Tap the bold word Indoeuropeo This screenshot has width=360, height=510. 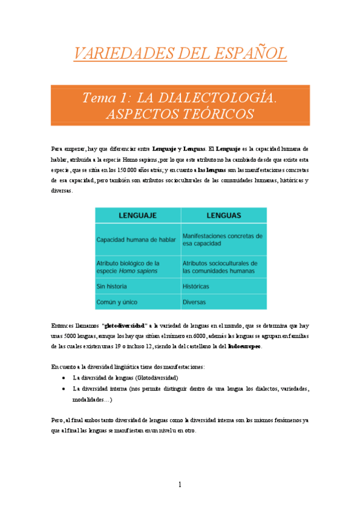[244, 347]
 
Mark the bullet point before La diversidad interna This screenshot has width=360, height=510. [64, 389]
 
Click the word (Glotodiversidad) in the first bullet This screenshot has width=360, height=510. [153, 378]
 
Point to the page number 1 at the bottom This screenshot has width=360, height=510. [180, 485]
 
